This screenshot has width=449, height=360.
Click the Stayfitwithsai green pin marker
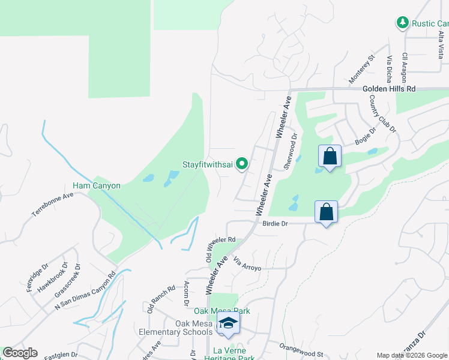click(243, 163)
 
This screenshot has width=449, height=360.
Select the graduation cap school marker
click(228, 325)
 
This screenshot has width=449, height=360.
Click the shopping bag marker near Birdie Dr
click(326, 212)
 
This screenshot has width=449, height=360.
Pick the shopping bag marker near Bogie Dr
click(330, 157)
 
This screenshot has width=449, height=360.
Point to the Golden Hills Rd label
click(389, 88)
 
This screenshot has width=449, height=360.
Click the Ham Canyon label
click(97, 185)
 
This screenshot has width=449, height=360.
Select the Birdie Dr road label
click(276, 223)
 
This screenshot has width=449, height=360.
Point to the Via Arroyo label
click(247, 264)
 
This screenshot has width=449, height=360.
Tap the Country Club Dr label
click(383, 113)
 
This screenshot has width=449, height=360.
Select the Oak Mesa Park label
click(221, 311)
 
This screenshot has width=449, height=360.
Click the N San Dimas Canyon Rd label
click(85, 293)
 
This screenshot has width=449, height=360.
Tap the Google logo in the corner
click(20, 353)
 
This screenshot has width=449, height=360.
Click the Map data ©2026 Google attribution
click(412, 355)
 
